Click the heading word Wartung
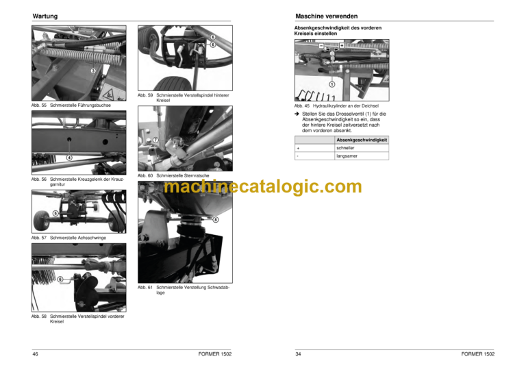coord(45,16)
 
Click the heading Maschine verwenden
coord(327,16)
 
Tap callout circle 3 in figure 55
coord(93,71)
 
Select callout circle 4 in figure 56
coord(69,158)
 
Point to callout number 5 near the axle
coord(55,213)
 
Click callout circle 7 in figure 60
coord(155,140)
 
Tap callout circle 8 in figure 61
coord(216,219)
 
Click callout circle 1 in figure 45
coord(331,84)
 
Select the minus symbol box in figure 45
coord(321,46)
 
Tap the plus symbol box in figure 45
coord(342,46)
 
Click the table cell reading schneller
coord(362,148)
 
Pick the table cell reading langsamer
coord(362,156)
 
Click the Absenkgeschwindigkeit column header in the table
coord(362,140)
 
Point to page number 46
coord(35,354)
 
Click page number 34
coord(298,354)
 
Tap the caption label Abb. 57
coord(39,238)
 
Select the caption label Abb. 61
coord(145,288)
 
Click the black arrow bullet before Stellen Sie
coord(297,114)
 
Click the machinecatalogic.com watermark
coord(263,186)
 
